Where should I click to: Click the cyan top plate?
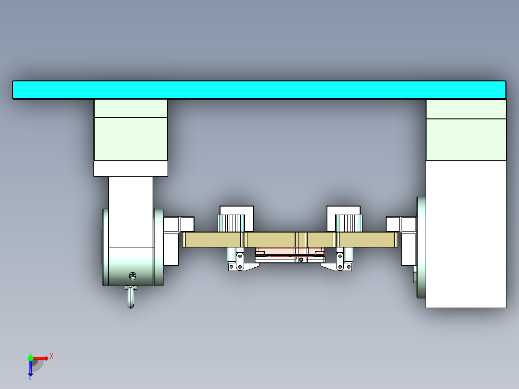pyautogui.click(x=259, y=90)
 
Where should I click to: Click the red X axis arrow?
pyautogui.click(x=41, y=358)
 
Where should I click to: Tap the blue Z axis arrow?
pyautogui.click(x=30, y=369)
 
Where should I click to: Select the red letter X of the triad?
pyautogui.click(x=52, y=356)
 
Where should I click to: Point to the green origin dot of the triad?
pyautogui.click(x=30, y=358)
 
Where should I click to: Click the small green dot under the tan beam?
pyautogui.click(x=301, y=260)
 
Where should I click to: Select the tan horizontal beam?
pyautogui.click(x=270, y=240)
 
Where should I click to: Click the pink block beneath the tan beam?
pyautogui.click(x=289, y=252)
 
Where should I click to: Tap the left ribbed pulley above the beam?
pyautogui.click(x=231, y=223)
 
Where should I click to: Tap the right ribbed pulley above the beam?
pyautogui.click(x=348, y=223)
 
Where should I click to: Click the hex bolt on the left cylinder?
pyautogui.click(x=132, y=276)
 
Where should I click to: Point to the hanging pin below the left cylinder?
pyautogui.click(x=131, y=297)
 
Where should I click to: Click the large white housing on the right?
pyautogui.click(x=466, y=231)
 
